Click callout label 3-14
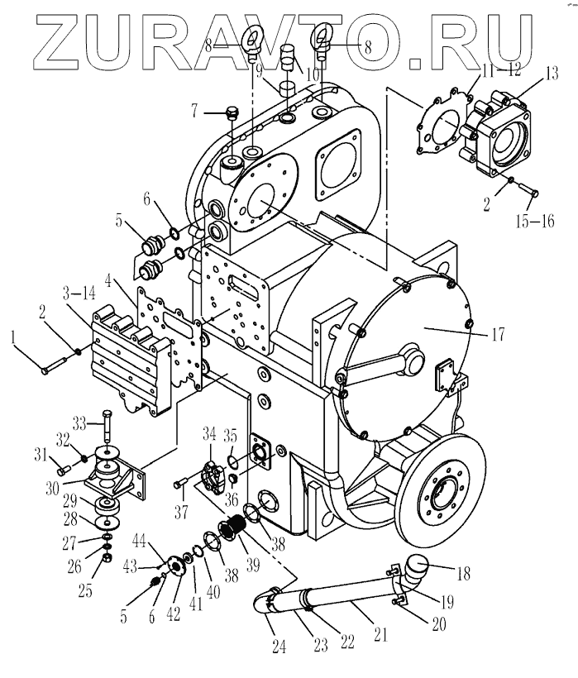80,292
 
